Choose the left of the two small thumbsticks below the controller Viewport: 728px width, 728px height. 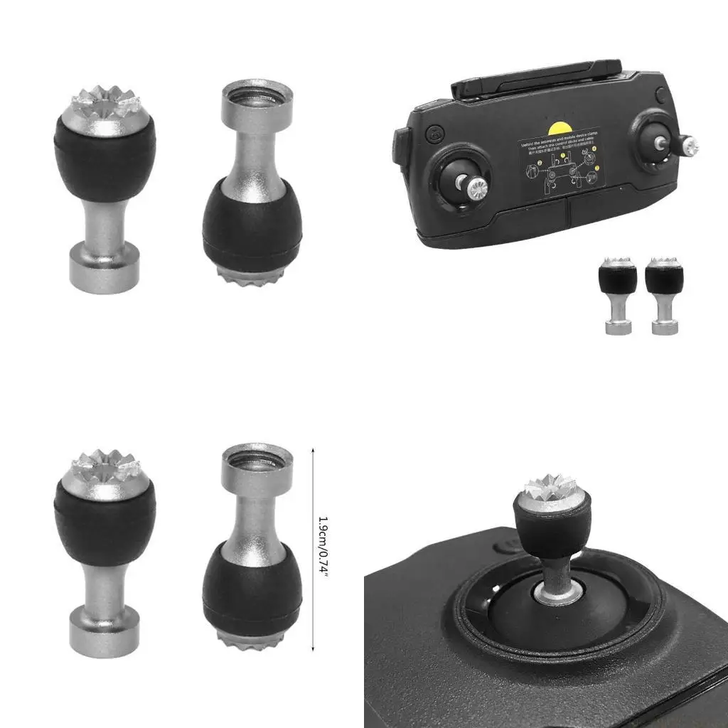coord(616,296)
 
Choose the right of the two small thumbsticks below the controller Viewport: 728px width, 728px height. coord(664,296)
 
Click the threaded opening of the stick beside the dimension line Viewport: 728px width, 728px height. coord(257,460)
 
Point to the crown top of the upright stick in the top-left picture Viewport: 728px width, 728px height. coord(105,104)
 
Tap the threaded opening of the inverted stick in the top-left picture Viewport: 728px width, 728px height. coord(257,95)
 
